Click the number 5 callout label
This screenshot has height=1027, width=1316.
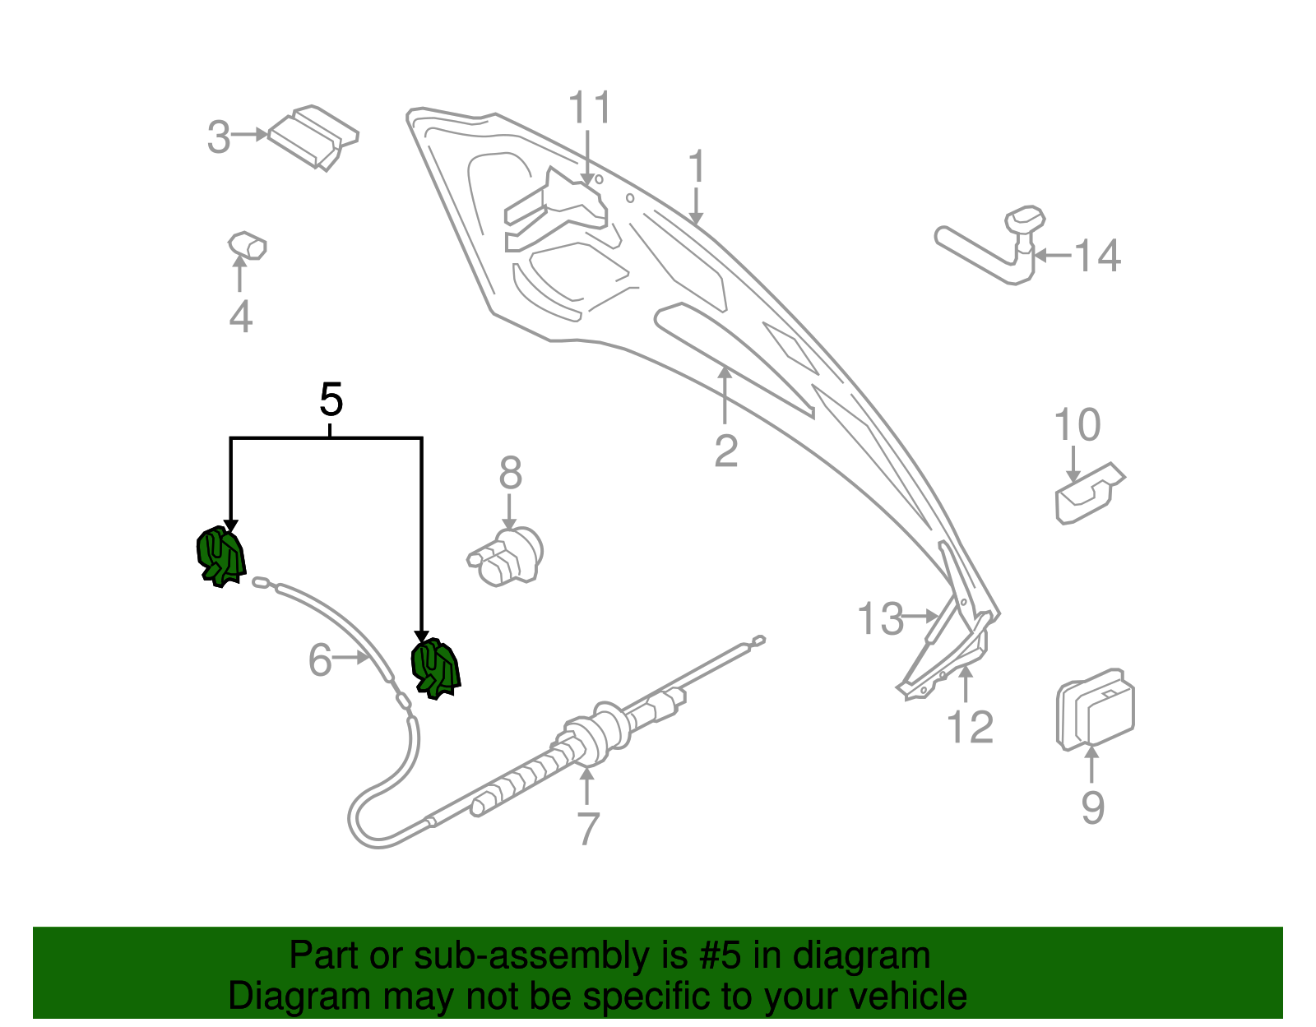(331, 400)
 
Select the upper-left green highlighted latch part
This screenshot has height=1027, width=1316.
(220, 557)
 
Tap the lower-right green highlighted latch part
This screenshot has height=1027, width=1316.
(436, 668)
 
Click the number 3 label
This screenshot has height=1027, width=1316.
(219, 137)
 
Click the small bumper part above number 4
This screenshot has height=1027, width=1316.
(247, 245)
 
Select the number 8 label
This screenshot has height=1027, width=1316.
(510, 474)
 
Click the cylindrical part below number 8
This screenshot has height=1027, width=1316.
(507, 557)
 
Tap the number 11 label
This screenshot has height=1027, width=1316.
(590, 109)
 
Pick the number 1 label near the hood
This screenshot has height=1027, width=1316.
(697, 167)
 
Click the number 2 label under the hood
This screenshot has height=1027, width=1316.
(725, 451)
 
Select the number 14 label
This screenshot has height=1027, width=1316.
(1097, 256)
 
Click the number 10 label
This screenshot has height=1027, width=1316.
(1077, 425)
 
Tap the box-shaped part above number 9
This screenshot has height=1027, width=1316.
(1096, 709)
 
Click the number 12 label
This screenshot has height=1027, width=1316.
(971, 727)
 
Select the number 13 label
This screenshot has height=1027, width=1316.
(880, 619)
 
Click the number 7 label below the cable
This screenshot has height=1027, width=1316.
(587, 829)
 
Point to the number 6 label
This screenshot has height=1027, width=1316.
(320, 660)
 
